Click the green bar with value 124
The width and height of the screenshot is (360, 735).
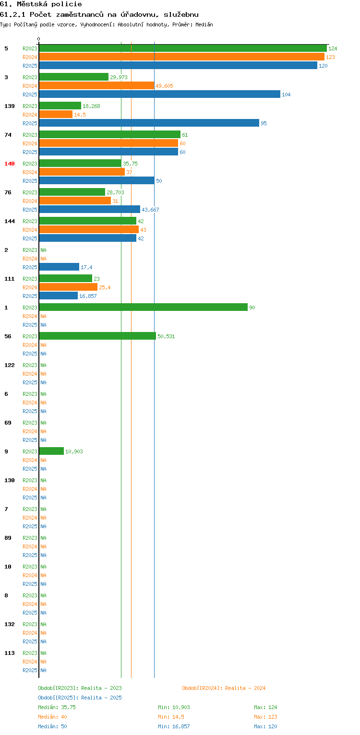pos(183,48)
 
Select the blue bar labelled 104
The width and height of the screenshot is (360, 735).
pos(160,94)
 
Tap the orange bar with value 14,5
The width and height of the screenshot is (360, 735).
pos(56,114)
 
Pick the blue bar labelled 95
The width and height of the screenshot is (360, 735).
pos(149,123)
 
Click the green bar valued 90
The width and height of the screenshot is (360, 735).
pos(144,307)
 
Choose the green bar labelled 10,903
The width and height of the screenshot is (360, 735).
pos(51,451)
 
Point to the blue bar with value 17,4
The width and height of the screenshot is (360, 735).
pos(59,267)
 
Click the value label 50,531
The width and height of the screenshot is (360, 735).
pos(166,336)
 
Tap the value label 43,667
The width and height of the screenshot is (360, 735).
pos(150,210)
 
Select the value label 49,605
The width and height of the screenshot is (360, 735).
pos(165,86)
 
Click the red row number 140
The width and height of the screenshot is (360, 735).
pos(10,164)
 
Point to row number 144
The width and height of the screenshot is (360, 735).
pos(10,221)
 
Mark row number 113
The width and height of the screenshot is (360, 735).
pos(10,653)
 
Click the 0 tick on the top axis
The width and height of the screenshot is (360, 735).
pos(39,39)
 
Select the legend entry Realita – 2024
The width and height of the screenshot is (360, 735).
pos(224,688)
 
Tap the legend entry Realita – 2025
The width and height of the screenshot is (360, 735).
pos(80,698)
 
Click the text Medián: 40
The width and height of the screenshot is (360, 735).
pos(52,717)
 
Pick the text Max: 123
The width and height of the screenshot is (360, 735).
pos(265,717)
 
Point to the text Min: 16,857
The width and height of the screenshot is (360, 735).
pos(174,726)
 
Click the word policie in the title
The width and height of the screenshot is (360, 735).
pos(67,4)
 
